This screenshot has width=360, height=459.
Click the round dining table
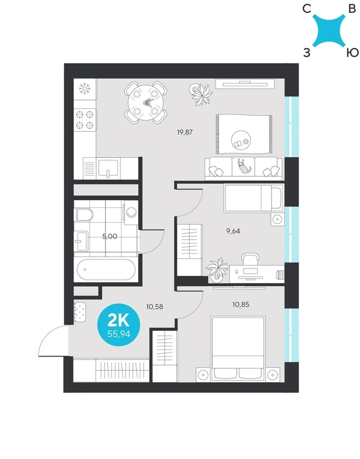(x=146, y=102)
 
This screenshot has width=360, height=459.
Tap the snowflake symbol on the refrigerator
(x=85, y=89)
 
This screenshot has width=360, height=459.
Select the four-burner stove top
(x=84, y=119)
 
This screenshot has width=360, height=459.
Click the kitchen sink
(x=108, y=168)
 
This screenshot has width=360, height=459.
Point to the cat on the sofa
(x=243, y=166)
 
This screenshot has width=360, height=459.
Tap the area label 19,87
(x=185, y=132)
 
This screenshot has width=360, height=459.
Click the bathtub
(x=106, y=269)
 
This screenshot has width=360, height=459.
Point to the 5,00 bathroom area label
(x=110, y=236)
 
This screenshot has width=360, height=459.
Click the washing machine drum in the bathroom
(x=131, y=212)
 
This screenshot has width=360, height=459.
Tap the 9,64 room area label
(x=233, y=231)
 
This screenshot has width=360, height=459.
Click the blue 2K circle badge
(x=118, y=325)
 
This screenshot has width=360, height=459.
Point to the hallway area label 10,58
(x=155, y=307)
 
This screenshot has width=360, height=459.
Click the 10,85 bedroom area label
(x=241, y=304)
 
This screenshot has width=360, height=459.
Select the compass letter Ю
(x=352, y=53)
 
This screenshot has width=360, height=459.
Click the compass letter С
(x=306, y=9)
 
